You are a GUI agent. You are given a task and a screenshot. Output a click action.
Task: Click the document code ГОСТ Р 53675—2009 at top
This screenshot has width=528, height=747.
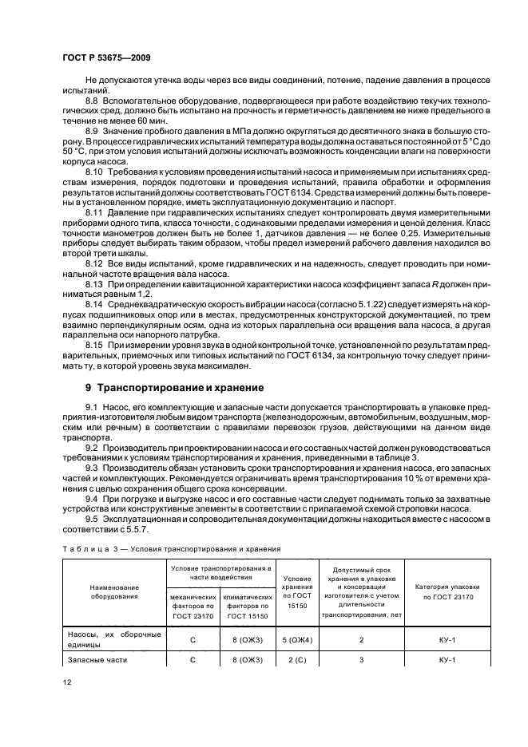(x=108, y=58)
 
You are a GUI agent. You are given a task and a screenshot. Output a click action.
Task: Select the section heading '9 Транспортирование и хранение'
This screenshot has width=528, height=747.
(x=174, y=387)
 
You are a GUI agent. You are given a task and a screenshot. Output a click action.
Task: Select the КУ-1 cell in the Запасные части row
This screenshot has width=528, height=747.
(x=447, y=660)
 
